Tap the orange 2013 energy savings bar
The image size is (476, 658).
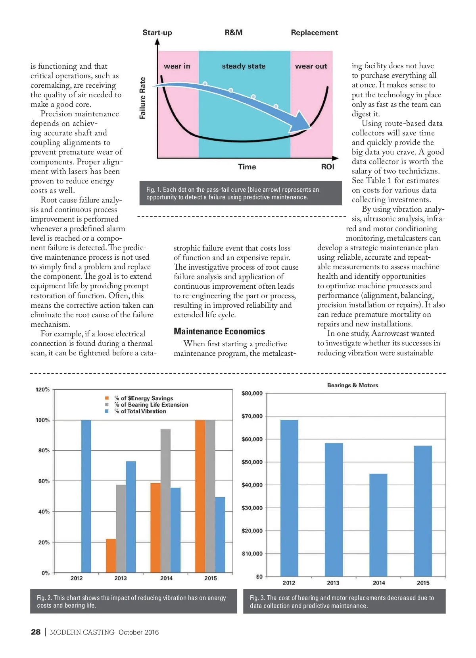(x=111, y=556)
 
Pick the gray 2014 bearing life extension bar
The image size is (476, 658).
(x=165, y=501)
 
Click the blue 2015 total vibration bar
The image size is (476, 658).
(x=220, y=535)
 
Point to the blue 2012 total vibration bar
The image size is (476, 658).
(x=86, y=496)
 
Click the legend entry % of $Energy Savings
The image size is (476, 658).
(x=143, y=398)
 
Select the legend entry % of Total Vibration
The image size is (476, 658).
(x=140, y=411)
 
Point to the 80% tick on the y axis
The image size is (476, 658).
(x=44, y=450)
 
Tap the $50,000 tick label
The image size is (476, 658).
(x=252, y=462)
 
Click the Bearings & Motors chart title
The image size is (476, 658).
(x=352, y=385)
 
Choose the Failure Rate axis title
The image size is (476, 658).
(x=142, y=98)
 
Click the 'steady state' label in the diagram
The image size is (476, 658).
(x=244, y=66)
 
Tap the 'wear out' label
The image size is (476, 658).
(x=311, y=66)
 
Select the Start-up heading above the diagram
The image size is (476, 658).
(x=157, y=33)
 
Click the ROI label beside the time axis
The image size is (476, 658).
(x=328, y=167)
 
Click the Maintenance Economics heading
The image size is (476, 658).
(x=219, y=332)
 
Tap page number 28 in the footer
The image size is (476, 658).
(x=36, y=632)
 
